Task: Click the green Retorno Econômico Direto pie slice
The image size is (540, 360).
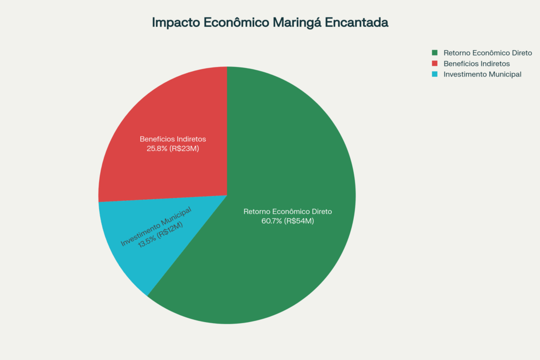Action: [x=285, y=264]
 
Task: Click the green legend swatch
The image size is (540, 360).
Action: [x=435, y=53]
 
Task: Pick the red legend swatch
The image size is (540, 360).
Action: [x=435, y=63]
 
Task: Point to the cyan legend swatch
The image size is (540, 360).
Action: [x=435, y=74]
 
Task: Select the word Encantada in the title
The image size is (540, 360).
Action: [x=363, y=23]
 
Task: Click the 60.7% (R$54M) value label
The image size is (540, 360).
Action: [x=288, y=221]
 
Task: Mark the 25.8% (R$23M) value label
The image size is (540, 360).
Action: [x=172, y=149]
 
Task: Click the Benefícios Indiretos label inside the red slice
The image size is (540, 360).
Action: [x=172, y=139]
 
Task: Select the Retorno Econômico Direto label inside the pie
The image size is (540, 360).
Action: [x=288, y=211]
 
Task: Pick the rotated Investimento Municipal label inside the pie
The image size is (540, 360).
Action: [x=155, y=227]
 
